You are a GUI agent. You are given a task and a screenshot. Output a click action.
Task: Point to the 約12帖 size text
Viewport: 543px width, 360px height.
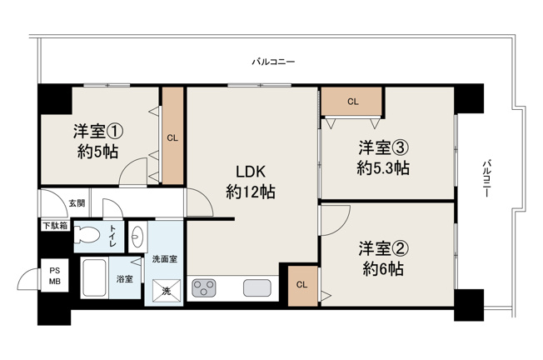250,192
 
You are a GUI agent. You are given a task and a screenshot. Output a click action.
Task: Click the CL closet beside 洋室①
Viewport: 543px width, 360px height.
172,137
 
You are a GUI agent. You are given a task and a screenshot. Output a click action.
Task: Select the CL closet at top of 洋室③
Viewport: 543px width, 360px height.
352,102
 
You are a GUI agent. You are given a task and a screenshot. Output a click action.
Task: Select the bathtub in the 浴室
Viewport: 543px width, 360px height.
93,277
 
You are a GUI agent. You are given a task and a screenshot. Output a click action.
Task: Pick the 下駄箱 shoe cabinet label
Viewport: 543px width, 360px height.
55,225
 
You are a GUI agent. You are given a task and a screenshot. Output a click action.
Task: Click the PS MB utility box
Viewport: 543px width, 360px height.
55,276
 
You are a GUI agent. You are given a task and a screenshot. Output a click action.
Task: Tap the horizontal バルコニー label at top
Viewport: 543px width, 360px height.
274,62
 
